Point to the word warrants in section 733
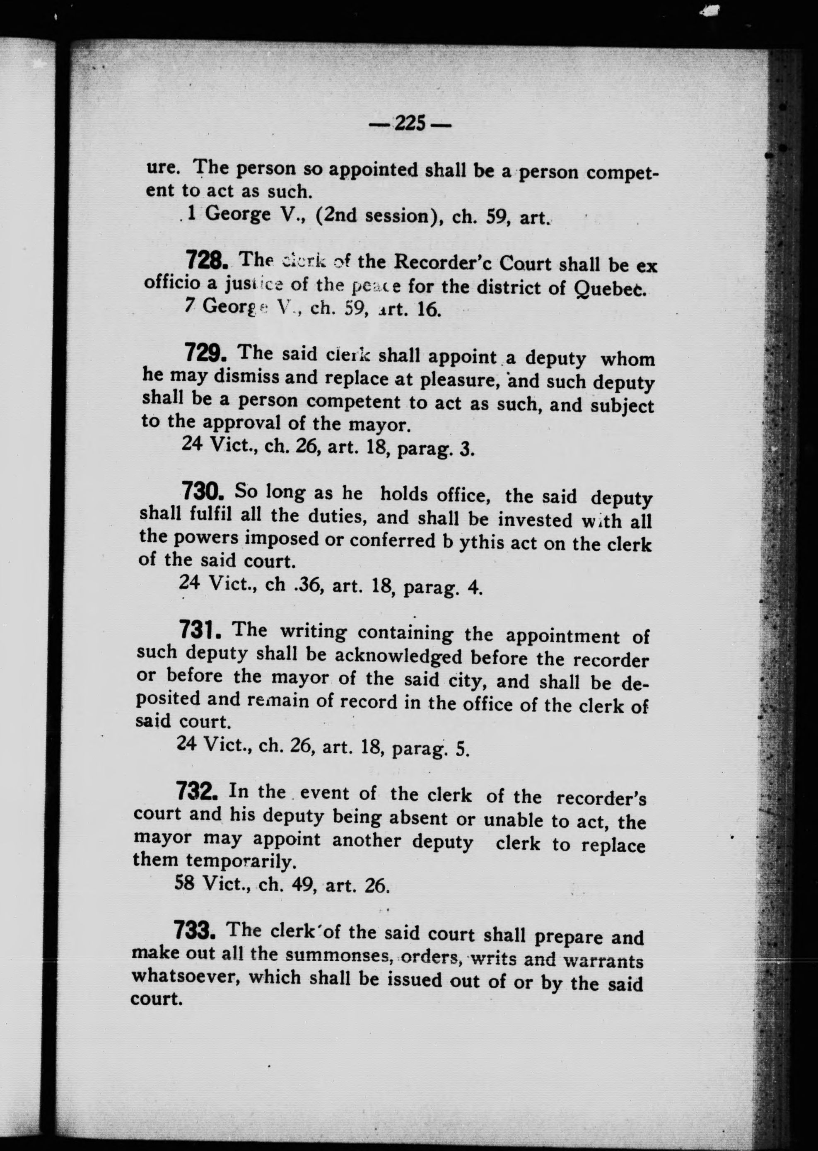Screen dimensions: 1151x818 (603, 960)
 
